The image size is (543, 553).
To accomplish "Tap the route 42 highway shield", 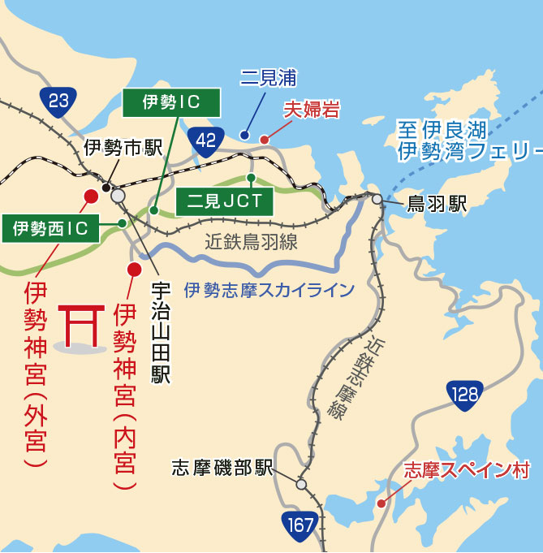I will point(206,140).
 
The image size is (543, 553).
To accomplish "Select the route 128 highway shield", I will point(464,395).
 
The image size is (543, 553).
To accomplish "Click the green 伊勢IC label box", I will point(170,102).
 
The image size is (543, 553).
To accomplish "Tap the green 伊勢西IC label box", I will point(50,228).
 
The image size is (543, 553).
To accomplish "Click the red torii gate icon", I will point(80,326).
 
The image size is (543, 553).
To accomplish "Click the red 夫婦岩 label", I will point(311,110).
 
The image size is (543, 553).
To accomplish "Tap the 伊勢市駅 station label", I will point(123,148).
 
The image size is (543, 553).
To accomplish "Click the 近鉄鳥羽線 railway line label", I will point(251,241).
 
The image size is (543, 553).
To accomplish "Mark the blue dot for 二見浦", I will point(244,135).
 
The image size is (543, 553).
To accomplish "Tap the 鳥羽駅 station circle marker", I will point(377,198).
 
